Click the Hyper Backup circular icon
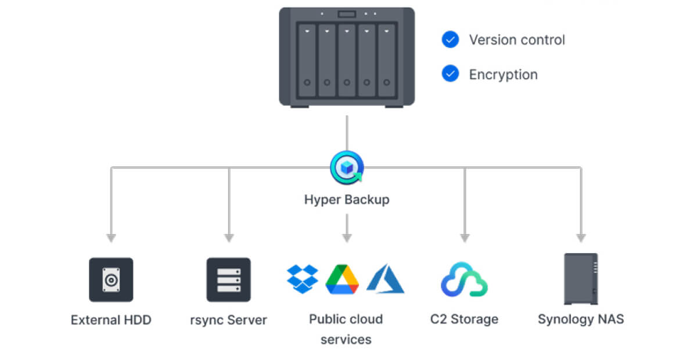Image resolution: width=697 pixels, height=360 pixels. coord(347,168)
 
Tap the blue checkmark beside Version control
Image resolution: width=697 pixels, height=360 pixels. coord(450,39)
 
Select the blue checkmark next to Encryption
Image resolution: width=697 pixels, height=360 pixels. coord(450,74)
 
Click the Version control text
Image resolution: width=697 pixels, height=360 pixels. coord(517,40)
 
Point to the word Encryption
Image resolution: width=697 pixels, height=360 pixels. coord(503,75)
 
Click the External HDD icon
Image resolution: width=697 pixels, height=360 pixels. coord(111,280)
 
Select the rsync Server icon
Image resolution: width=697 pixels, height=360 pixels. coord(229,280)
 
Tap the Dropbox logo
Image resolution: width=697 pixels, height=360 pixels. coord(303,279)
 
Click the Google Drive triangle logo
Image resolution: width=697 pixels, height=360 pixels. coord(342,279)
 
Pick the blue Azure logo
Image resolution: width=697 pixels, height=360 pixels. coord(385,279)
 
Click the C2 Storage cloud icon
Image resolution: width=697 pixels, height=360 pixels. coord(464,280)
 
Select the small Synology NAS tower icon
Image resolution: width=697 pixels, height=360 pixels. coord(581,279)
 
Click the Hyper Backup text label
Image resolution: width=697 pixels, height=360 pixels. coord(347,200)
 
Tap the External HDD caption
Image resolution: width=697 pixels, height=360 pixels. coord(111,319)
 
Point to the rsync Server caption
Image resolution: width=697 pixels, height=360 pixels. coord(229,319)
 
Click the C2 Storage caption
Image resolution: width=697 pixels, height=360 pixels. coord(464,319)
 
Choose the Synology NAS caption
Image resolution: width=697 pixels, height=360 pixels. coord(581,319)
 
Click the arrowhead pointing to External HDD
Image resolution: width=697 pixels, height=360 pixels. coord(111,238)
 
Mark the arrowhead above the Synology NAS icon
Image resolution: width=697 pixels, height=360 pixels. coord(581,238)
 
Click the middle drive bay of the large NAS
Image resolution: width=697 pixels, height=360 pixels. coord(347,60)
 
